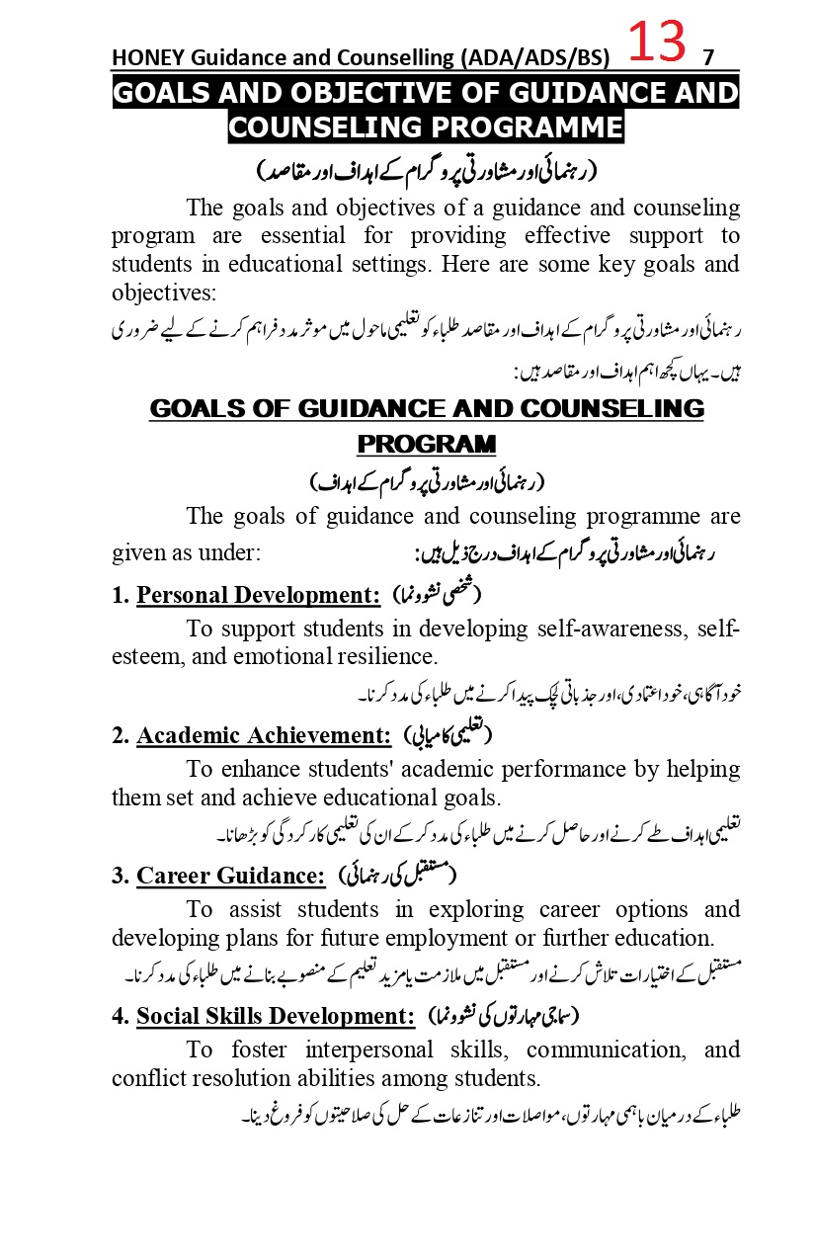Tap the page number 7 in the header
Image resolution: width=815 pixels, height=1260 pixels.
[707, 57]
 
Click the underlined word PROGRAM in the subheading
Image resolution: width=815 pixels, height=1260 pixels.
[426, 444]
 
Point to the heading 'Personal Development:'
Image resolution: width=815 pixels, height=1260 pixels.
[258, 595]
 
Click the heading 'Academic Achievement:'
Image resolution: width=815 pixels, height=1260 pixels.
[264, 735]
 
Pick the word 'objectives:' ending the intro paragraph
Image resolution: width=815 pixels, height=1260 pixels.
[162, 294]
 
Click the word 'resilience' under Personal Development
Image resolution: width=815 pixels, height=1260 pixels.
[385, 656]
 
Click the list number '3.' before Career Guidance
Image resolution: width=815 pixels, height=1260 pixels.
[121, 876]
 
